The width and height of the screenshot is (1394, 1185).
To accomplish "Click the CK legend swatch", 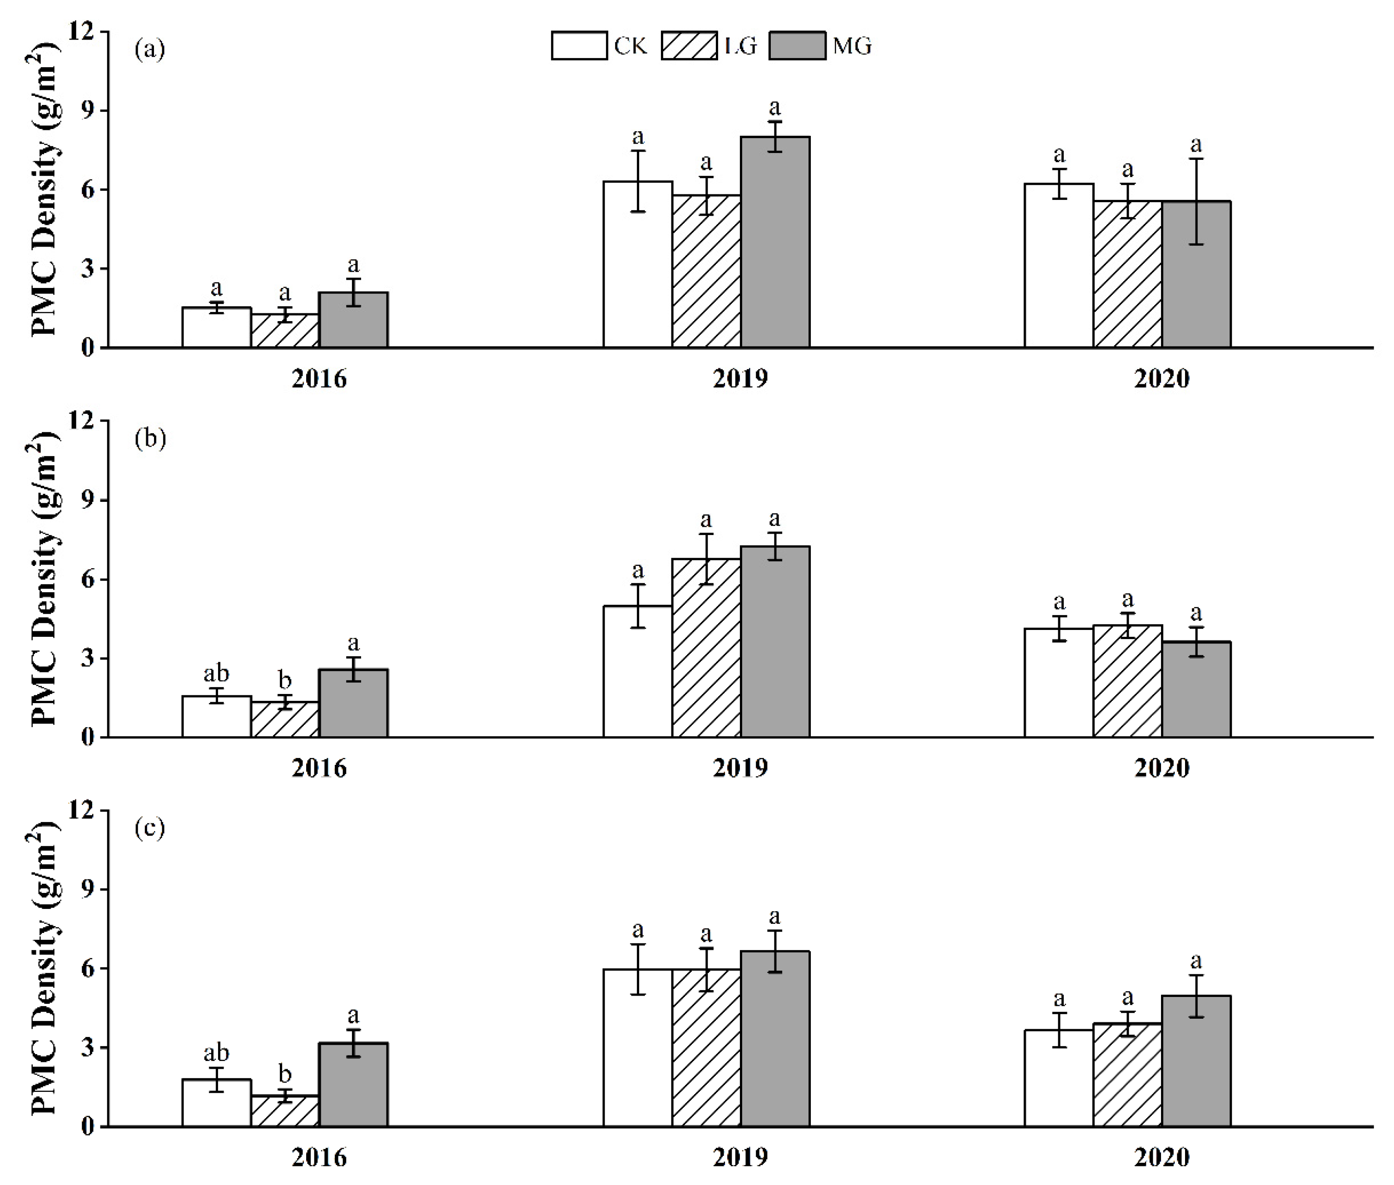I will (579, 46).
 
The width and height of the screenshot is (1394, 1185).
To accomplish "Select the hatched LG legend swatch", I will (689, 46).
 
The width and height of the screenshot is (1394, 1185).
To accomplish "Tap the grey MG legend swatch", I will (798, 46).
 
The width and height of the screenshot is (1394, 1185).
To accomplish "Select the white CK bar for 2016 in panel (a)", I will (216, 328).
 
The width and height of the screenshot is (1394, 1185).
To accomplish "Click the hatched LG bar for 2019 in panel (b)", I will (706, 648).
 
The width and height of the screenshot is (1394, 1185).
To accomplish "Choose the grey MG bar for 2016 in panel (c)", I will (353, 1084).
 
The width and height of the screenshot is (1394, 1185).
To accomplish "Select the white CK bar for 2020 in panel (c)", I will (1059, 1078).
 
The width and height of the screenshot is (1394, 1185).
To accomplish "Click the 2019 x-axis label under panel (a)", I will (739, 379).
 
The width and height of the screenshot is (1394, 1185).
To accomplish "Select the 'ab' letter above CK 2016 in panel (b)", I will (216, 673).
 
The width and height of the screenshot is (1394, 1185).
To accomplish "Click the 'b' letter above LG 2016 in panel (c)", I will (285, 1073).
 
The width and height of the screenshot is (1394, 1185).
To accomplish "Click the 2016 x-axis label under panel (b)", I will (319, 769).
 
